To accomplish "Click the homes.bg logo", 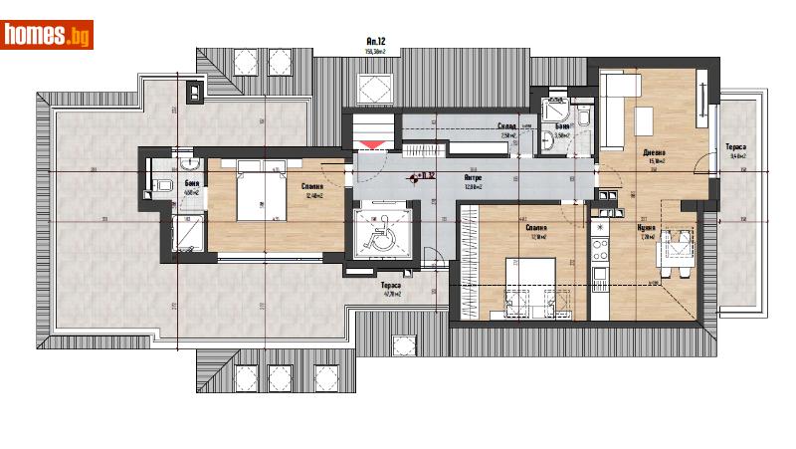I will tap(48, 35).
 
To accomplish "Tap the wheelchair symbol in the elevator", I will tap(382, 236).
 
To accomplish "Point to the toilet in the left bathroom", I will tap(165, 185).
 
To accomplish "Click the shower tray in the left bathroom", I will tap(186, 235).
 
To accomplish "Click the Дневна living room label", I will tap(655, 152).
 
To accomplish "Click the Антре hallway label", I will tap(474, 179).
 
